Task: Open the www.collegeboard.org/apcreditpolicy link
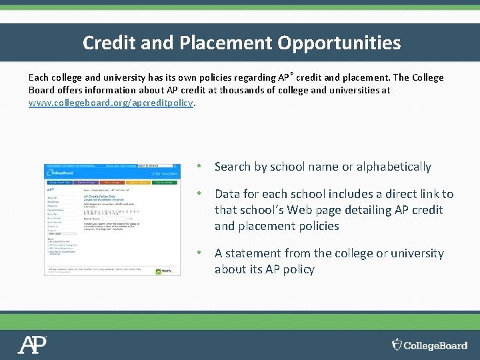point(111,103)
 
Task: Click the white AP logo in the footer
point(32,345)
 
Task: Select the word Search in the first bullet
point(233,167)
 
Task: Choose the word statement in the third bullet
point(253,253)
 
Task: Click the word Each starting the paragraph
point(39,77)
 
